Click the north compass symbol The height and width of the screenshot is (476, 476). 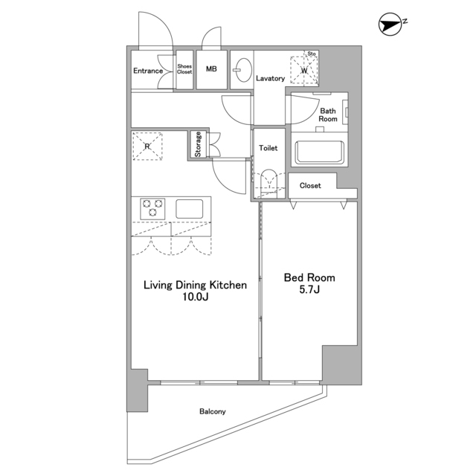[392, 24]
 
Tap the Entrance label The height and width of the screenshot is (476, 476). [148, 71]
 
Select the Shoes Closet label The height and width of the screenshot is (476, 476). [184, 69]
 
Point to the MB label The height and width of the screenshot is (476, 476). [211, 69]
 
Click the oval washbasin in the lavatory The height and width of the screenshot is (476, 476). [243, 70]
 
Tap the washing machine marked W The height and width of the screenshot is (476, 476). [304, 70]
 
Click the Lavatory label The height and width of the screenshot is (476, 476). [270, 78]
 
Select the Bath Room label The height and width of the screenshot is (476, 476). [328, 115]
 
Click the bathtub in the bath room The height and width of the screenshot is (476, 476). [320, 152]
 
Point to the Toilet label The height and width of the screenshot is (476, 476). [268, 148]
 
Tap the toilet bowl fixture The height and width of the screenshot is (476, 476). [268, 183]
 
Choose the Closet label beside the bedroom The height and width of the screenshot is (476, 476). [310, 185]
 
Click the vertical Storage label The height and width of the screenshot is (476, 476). [198, 144]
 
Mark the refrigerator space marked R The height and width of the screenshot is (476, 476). [147, 146]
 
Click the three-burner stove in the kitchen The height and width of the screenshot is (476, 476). [152, 208]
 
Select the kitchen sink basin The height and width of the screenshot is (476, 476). [190, 208]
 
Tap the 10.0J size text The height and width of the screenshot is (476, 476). [195, 297]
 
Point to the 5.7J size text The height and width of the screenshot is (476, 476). [309, 289]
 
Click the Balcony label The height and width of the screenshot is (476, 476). [213, 411]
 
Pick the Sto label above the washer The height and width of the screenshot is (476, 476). [312, 54]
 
